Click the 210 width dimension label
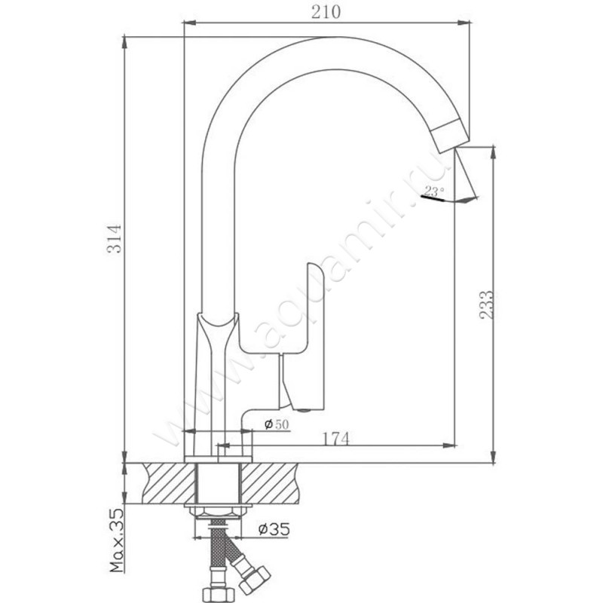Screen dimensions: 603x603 (326, 12)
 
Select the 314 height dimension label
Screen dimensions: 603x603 (115, 238)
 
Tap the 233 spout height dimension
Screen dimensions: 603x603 (486, 305)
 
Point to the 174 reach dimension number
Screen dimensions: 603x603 (335, 439)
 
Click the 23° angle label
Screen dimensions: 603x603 (435, 191)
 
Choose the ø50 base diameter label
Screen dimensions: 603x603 (277, 424)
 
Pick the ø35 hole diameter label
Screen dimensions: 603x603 (274, 529)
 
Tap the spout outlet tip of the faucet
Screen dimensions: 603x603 (449, 136)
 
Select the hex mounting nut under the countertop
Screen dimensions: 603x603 (219, 512)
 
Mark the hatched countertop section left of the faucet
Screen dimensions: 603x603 (169, 483)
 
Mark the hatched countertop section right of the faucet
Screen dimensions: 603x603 (269, 483)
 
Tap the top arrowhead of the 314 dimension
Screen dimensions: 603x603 (124, 42)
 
